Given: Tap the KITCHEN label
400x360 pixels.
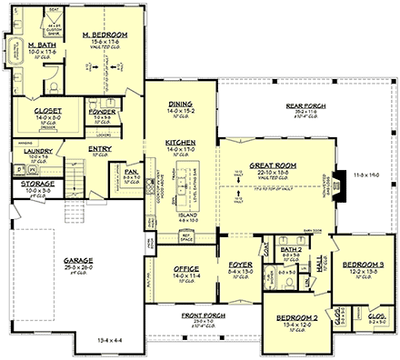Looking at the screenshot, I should tap(180, 143).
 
